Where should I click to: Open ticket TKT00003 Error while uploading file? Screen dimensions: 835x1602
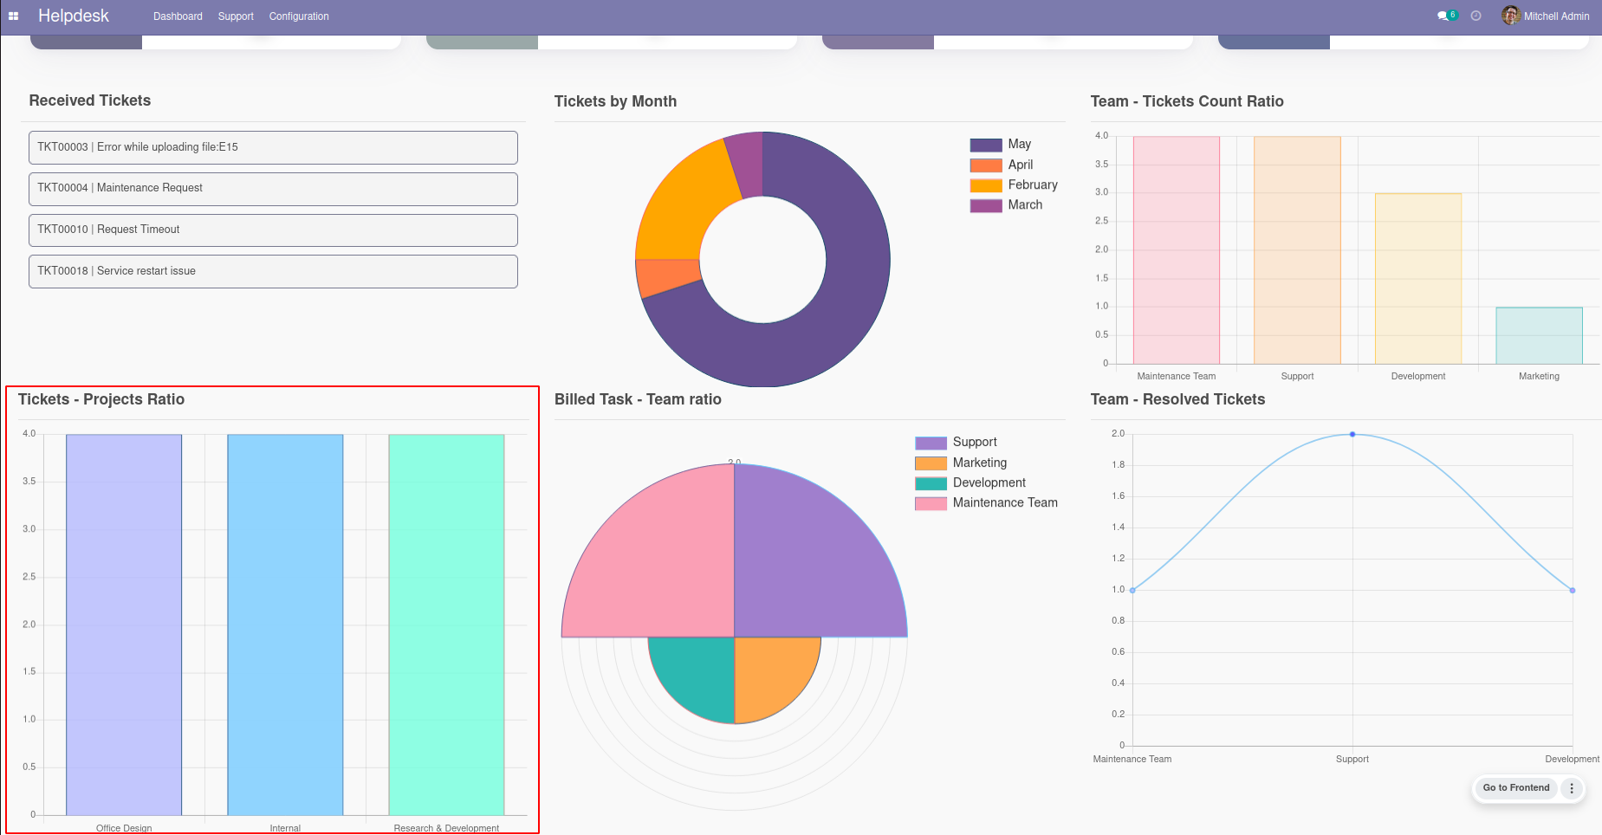pos(273,147)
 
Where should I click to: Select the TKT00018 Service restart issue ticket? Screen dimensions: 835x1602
pos(273,271)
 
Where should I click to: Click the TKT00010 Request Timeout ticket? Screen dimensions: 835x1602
pos(273,230)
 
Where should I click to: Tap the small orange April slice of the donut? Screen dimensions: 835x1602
pos(667,277)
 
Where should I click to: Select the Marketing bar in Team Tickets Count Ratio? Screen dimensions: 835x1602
pos(1539,335)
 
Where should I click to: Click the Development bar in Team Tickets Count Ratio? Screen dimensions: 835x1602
pos(1417,278)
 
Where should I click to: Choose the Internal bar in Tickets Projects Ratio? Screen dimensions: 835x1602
pos(285,624)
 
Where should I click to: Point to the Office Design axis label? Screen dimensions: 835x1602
pos(124,828)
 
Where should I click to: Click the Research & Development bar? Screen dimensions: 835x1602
pos(446,624)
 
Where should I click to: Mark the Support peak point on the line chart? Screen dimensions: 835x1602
pos(1352,434)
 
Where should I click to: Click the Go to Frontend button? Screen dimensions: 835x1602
pos(1515,787)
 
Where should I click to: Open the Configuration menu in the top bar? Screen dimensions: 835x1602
pos(299,16)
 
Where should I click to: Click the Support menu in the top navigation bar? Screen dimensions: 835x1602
pos(236,16)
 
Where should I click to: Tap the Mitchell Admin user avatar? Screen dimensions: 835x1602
pos(1510,16)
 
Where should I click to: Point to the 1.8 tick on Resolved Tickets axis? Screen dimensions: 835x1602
pos(1118,465)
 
